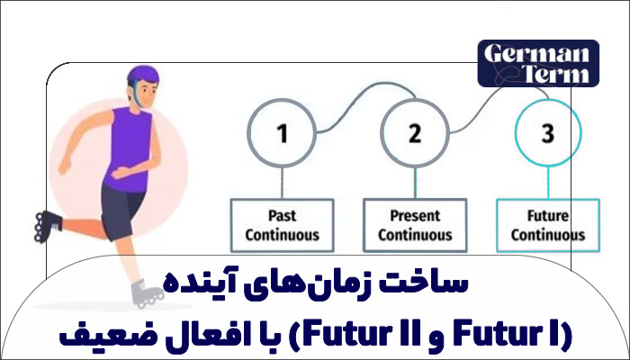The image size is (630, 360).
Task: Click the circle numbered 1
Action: tap(282, 135)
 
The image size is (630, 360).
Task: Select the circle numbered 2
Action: tap(414, 135)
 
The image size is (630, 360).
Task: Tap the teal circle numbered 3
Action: tap(547, 135)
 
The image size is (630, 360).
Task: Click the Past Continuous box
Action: tap(282, 225)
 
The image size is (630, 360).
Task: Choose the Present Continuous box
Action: tap(414, 225)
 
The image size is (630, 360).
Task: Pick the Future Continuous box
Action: tap(547, 225)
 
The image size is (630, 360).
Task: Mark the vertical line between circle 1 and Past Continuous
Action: tap(282, 183)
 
